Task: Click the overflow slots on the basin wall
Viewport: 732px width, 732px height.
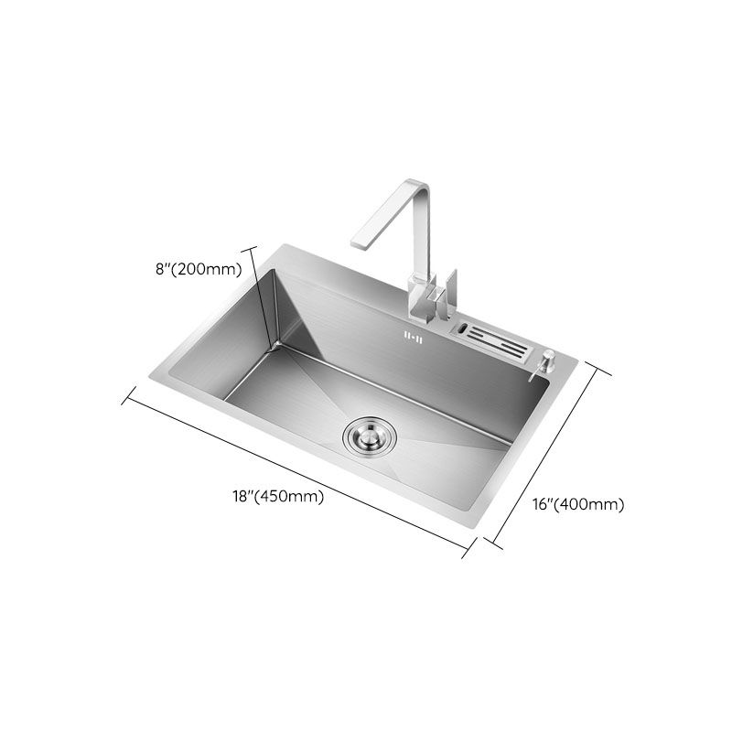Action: [411, 337]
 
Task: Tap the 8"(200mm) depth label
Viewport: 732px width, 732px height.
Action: [198, 269]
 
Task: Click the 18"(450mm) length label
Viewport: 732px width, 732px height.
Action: [278, 497]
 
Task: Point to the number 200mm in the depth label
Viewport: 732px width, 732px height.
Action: [210, 269]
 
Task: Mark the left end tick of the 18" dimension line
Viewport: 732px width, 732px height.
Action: [127, 393]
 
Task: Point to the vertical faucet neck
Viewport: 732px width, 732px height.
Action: [423, 247]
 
